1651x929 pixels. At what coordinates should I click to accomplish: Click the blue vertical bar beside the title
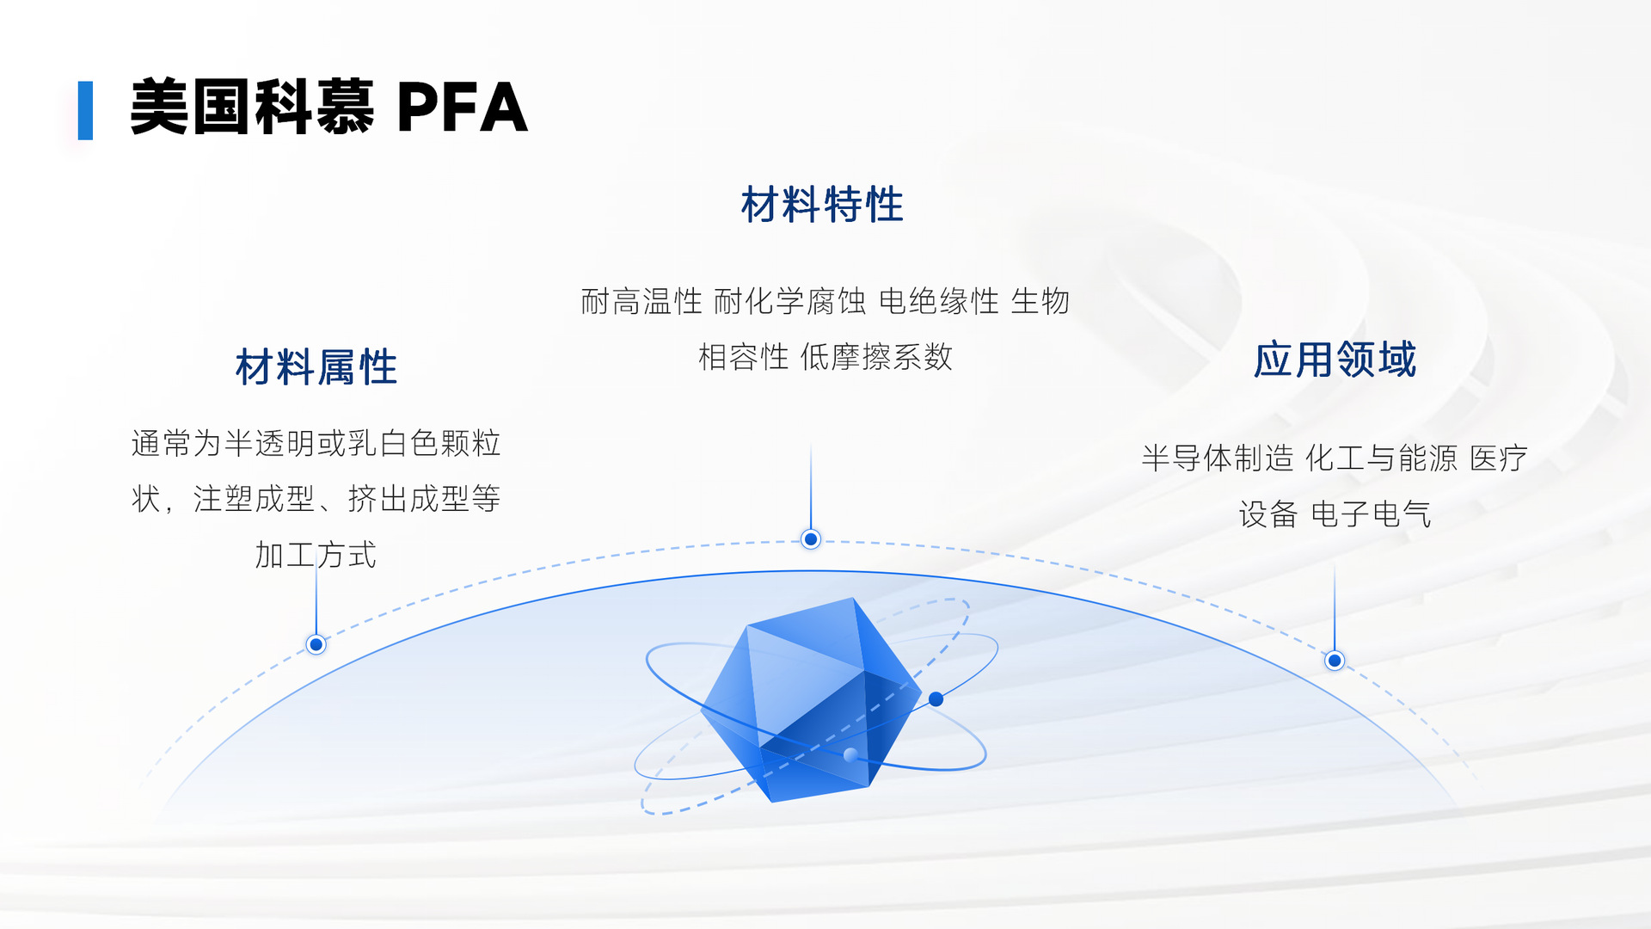tap(85, 110)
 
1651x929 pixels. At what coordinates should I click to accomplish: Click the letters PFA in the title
tap(462, 108)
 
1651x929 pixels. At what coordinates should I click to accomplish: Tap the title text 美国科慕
tap(252, 108)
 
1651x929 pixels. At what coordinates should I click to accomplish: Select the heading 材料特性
tap(822, 205)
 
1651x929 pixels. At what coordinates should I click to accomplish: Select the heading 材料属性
tap(316, 367)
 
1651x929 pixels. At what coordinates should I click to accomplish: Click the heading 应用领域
tap(1335, 360)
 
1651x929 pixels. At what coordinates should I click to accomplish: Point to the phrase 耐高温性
tap(641, 302)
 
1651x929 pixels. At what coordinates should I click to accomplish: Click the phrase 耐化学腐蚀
tap(789, 302)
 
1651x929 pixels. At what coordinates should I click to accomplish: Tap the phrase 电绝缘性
tap(939, 302)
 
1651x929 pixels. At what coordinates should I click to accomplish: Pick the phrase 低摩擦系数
tap(876, 357)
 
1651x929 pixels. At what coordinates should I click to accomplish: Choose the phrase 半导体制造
tap(1218, 458)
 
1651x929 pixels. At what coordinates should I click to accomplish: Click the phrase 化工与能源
tap(1382, 458)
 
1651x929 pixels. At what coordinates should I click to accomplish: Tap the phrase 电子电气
tap(1371, 514)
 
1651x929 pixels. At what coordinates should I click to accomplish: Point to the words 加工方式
tap(316, 555)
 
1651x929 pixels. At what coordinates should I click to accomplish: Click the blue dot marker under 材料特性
tap(811, 539)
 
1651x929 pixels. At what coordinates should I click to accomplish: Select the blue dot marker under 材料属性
tap(316, 644)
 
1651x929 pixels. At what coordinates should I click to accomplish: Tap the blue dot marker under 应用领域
tap(1335, 661)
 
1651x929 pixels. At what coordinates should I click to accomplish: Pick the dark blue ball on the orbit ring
tap(936, 699)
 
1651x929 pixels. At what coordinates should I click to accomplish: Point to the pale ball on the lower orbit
tap(850, 755)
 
